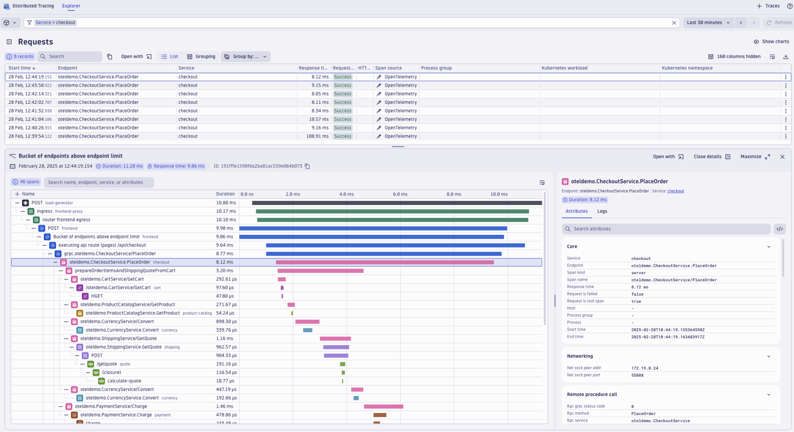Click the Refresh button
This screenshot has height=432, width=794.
pyautogui.click(x=779, y=22)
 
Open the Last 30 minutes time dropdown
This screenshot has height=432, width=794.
pyautogui.click(x=708, y=22)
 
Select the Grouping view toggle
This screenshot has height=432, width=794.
pyautogui.click(x=201, y=57)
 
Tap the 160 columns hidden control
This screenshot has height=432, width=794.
pyautogui.click(x=734, y=57)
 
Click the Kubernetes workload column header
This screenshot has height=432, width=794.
pyautogui.click(x=564, y=68)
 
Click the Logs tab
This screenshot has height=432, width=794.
pyautogui.click(x=602, y=211)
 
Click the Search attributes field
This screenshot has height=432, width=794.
pyautogui.click(x=667, y=229)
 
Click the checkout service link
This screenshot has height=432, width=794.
pyautogui.click(x=675, y=191)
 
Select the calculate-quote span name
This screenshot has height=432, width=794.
pyautogui.click(x=124, y=381)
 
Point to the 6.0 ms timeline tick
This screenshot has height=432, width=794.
pyautogui.click(x=400, y=194)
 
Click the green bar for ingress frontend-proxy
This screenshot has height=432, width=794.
pyautogui.click(x=392, y=212)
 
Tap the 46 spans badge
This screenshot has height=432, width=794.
pyautogui.click(x=26, y=182)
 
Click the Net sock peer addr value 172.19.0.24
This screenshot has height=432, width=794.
pyautogui.click(x=644, y=368)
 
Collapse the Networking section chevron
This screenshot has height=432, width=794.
pyautogui.click(x=768, y=356)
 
